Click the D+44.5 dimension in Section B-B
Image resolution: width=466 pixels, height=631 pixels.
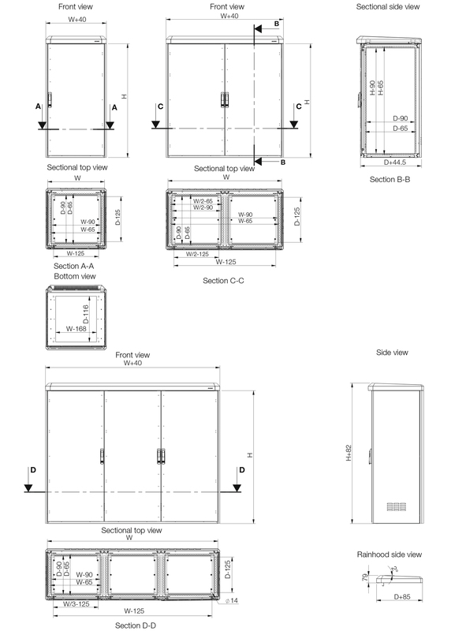(395, 162)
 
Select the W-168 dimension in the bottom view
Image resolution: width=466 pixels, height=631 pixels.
(76, 328)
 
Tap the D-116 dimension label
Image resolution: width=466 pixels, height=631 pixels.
(86, 314)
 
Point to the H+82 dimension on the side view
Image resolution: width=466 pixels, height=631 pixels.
(349, 453)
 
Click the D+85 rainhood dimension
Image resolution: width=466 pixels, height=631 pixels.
(402, 596)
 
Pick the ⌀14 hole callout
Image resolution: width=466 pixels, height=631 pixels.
(232, 600)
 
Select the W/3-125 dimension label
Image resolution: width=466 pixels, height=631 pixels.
(76, 603)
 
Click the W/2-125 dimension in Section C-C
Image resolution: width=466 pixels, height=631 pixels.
(197, 254)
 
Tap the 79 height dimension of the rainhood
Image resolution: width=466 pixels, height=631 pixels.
(365, 577)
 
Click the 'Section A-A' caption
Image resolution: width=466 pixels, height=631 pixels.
(73, 266)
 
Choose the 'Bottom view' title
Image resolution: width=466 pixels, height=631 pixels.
(75, 276)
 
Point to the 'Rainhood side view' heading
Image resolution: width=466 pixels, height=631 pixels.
(390, 554)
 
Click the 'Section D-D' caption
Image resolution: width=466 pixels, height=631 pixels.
(135, 625)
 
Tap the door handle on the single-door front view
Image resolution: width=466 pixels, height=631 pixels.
(50, 100)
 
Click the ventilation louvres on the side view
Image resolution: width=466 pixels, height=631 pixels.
(397, 506)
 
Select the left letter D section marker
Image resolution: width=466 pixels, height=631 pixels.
(33, 469)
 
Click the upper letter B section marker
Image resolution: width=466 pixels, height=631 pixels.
(277, 24)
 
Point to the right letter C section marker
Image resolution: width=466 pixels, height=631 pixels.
(299, 106)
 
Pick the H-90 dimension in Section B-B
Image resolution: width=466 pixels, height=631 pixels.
(372, 88)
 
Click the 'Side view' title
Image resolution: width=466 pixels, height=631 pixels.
(392, 352)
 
